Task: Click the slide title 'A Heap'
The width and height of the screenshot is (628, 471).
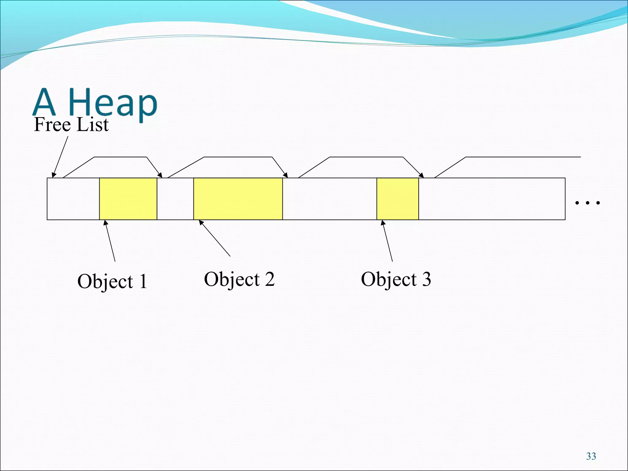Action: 95,103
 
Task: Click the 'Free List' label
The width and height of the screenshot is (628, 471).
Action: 71,125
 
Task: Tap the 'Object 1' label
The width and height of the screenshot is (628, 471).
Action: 112,281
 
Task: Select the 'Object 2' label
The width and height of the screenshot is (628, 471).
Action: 239,279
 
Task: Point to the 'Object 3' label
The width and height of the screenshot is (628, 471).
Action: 396,279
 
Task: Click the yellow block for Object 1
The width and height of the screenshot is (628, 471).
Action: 128,199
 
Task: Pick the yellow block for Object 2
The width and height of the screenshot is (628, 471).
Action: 238,199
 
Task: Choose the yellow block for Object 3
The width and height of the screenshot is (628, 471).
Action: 398,199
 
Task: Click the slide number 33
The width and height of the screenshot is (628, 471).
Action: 591,456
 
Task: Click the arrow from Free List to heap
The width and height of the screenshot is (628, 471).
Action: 60,156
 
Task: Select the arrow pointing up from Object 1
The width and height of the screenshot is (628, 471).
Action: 110,241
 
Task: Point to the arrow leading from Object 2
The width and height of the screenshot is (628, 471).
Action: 215,238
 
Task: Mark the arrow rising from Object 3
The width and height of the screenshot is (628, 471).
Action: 387,241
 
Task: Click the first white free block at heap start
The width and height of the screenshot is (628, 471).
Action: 73,199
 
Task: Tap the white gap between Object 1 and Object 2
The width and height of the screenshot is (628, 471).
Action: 175,199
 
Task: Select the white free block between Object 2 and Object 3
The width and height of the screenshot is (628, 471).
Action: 330,199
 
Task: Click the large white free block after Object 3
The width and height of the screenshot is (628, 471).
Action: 492,199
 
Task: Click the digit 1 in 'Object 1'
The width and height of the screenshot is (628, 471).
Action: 143,281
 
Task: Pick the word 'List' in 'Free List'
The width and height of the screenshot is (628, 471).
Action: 93,125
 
